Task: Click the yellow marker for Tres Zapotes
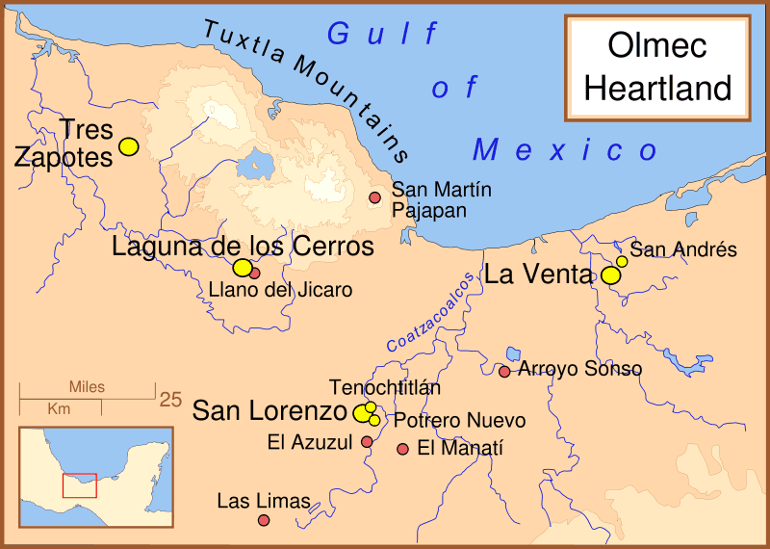128,146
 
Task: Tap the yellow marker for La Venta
610,275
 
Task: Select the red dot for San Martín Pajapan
375,197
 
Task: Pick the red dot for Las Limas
264,520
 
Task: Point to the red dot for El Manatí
403,449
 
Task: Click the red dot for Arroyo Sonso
504,371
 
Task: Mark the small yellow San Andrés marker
622,261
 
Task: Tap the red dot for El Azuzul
367,442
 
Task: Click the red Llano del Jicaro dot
255,273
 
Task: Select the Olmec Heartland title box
658,66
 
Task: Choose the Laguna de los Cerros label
243,247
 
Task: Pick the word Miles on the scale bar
87,387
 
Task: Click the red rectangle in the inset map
80,484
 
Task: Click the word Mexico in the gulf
565,150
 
